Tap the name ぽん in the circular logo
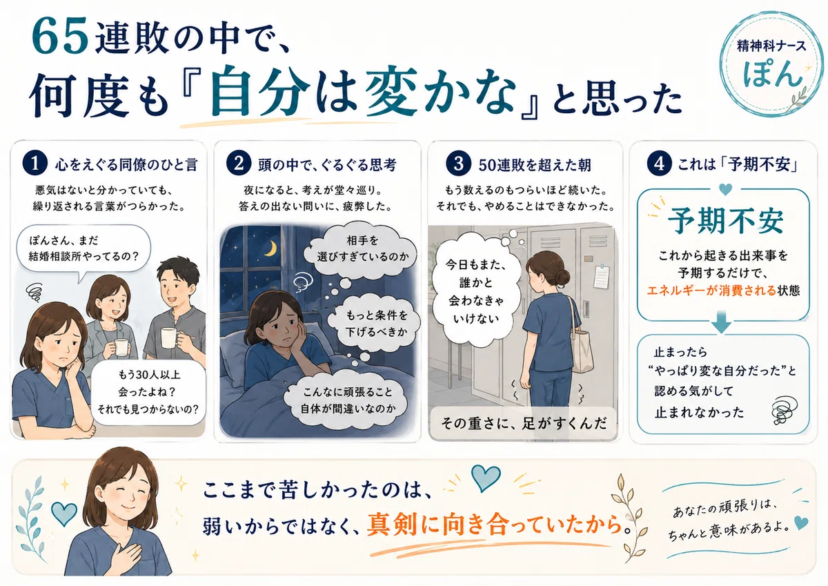(x=772, y=74)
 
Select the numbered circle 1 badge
(x=34, y=163)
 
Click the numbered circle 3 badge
(x=458, y=163)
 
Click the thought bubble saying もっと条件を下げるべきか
(x=374, y=322)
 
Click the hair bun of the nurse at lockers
(x=562, y=277)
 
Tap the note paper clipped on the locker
(x=602, y=276)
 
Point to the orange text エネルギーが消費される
(x=711, y=291)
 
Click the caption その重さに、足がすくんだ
(x=524, y=423)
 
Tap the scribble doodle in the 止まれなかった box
(x=785, y=409)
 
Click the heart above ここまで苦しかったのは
(x=486, y=478)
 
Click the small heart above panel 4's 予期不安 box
(x=726, y=190)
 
